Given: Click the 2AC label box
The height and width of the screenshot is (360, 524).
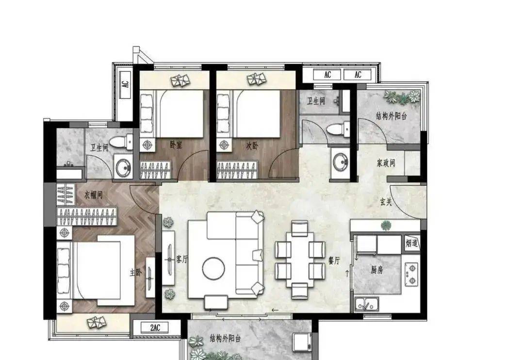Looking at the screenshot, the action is click(154, 327).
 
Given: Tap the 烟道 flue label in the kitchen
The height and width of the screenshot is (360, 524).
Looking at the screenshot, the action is click(411, 244).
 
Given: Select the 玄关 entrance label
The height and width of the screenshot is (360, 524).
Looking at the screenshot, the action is click(386, 201).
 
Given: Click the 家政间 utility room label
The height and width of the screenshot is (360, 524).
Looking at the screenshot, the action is click(386, 163).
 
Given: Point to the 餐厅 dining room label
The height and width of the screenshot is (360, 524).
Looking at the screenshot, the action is click(334, 261).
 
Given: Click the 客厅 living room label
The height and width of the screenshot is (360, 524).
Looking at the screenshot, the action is click(182, 259).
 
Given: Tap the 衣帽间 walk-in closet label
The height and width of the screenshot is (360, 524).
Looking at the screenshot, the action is click(93, 195).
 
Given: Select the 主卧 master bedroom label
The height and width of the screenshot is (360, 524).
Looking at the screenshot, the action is click(136, 273).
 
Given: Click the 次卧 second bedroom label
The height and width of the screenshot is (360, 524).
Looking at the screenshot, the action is click(252, 146).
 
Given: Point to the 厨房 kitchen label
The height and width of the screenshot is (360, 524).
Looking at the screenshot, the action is click(377, 270).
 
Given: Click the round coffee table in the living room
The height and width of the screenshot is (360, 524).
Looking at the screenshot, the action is click(213, 268).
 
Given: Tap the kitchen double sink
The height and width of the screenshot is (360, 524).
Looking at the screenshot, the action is click(367, 304).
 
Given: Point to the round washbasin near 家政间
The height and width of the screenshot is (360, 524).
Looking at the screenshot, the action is click(340, 162).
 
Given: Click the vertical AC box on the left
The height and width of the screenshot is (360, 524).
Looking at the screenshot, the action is click(125, 84).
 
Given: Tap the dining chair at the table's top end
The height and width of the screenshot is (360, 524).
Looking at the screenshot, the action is click(299, 229).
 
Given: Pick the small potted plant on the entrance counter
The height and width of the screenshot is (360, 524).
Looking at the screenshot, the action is click(386, 226).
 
